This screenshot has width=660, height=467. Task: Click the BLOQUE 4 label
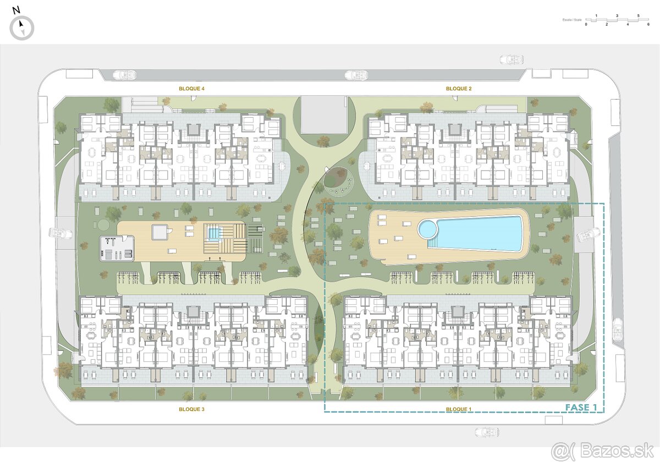point(191,89)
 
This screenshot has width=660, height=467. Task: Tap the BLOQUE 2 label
point(459,89)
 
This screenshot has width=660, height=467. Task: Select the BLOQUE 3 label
point(191,409)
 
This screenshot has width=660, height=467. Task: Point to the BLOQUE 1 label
point(459,409)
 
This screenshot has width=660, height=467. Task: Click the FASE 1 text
point(581,408)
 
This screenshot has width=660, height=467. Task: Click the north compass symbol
point(22,27)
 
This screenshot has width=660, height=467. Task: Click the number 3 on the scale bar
point(617,15)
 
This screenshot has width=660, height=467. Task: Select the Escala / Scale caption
point(572,20)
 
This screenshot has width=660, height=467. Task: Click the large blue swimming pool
point(479,233)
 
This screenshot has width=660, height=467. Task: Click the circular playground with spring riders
point(339,180)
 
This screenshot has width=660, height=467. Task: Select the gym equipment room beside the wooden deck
point(117,248)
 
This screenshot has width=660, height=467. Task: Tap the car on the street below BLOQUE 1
point(487,432)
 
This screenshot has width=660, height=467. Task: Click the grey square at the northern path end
point(323,114)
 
